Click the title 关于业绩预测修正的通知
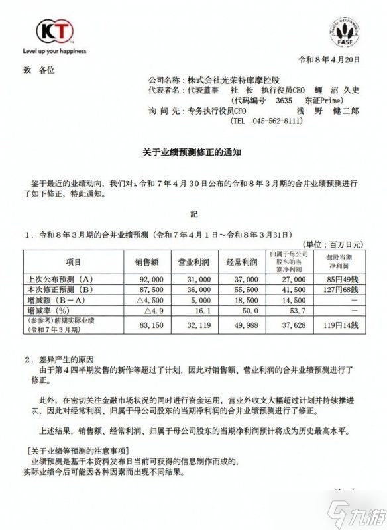(x=193, y=152)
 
